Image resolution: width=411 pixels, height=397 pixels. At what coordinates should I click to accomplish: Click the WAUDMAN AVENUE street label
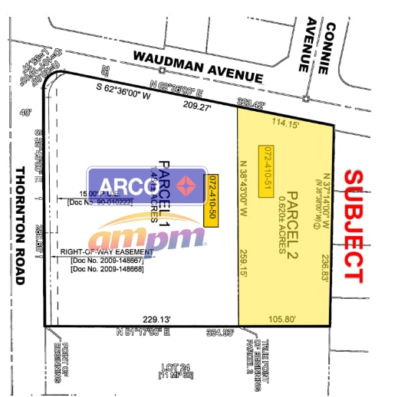pos(197,67)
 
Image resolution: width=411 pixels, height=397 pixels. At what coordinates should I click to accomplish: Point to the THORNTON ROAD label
pos(21,226)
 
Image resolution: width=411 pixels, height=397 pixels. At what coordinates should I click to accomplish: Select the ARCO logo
pos(146,185)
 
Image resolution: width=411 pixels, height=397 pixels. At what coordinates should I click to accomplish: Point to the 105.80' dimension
pos(285,319)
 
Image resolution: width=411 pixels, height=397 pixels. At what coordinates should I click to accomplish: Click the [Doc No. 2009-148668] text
pos(112,268)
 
